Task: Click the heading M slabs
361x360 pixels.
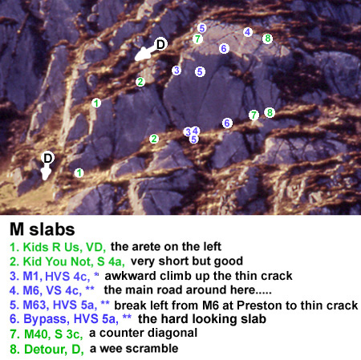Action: click(x=43, y=229)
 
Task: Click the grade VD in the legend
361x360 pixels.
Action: click(x=95, y=248)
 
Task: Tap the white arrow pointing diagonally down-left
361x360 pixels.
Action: click(x=146, y=53)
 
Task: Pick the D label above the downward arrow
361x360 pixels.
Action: click(x=47, y=158)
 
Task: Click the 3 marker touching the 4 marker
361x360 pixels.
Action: click(x=189, y=131)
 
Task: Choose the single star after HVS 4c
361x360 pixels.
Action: click(x=96, y=274)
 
